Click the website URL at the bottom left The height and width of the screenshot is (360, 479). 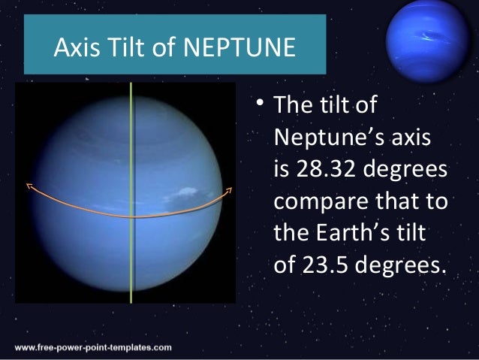[92, 348]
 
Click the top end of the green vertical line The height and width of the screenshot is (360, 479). [131, 84]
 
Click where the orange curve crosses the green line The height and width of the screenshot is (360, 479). [131, 216]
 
